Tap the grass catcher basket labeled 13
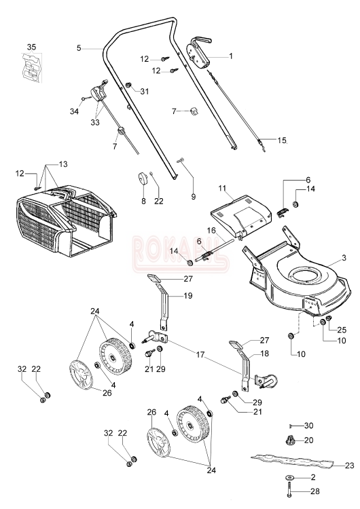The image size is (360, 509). (65, 221)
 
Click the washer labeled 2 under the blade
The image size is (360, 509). (289, 478)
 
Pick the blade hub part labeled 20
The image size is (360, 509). (289, 441)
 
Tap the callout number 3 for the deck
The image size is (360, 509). (344, 258)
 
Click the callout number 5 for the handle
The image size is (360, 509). (79, 48)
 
